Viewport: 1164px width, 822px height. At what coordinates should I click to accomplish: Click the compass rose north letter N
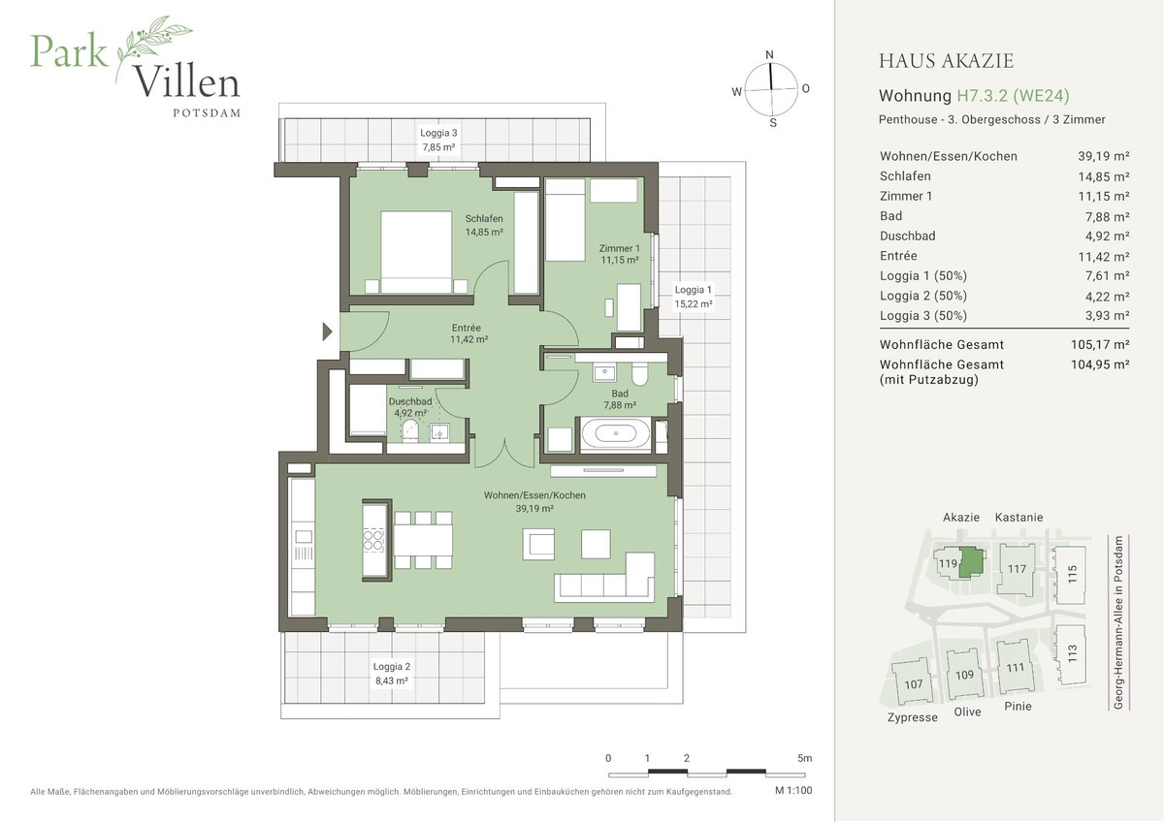coord(769,54)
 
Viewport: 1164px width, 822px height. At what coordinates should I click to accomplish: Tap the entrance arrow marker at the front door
coord(327,332)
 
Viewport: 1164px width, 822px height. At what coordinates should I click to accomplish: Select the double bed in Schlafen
coord(416,251)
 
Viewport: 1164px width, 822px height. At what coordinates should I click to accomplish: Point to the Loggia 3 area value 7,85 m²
coord(438,147)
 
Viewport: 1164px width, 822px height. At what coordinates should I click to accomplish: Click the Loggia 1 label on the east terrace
coord(694,290)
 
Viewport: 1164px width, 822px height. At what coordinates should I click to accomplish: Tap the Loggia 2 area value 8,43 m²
coord(392,680)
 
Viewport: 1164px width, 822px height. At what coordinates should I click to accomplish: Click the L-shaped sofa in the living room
coord(605,580)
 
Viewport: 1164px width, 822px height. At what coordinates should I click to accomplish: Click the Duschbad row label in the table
coord(908,237)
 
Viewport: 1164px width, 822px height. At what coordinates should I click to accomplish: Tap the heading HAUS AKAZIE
coord(946,62)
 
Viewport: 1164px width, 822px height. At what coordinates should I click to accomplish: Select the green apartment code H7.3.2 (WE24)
coord(1013,96)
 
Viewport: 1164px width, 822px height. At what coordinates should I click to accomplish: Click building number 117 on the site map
coord(1016,569)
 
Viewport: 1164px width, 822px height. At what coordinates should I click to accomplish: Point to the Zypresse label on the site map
coord(912,717)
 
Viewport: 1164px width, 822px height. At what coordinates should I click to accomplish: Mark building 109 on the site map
coord(964,675)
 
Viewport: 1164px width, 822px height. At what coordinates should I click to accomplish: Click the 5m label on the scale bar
coord(804,758)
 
